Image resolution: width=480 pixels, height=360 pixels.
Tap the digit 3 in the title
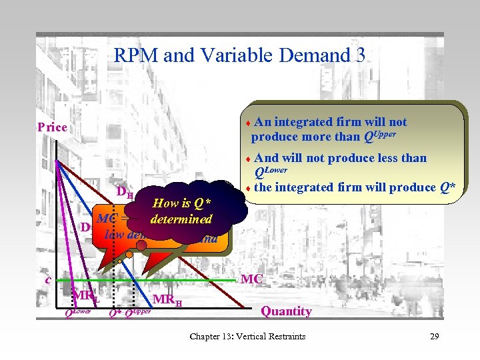pos(360,55)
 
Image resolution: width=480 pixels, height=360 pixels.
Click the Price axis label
pos(52,127)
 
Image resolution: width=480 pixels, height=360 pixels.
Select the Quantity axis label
pos(286,311)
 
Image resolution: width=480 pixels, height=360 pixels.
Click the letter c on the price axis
pos(48,280)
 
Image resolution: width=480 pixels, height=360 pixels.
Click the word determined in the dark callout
pos(181,219)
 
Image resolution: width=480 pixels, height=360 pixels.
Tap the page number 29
pos(433,336)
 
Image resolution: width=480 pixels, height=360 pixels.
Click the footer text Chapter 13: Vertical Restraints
pos(247,336)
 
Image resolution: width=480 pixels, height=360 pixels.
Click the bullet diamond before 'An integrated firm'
pos(248,123)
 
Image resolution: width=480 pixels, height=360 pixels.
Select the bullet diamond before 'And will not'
pos(248,159)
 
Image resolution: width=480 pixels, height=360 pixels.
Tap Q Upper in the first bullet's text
pos(380,136)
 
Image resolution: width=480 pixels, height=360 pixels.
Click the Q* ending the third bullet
pos(447,187)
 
